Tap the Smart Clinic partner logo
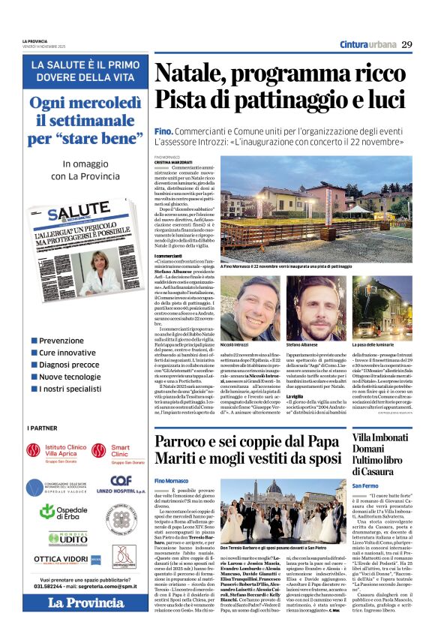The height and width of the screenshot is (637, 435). pos(112,451)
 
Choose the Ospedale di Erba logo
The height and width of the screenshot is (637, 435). pos(55,511)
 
